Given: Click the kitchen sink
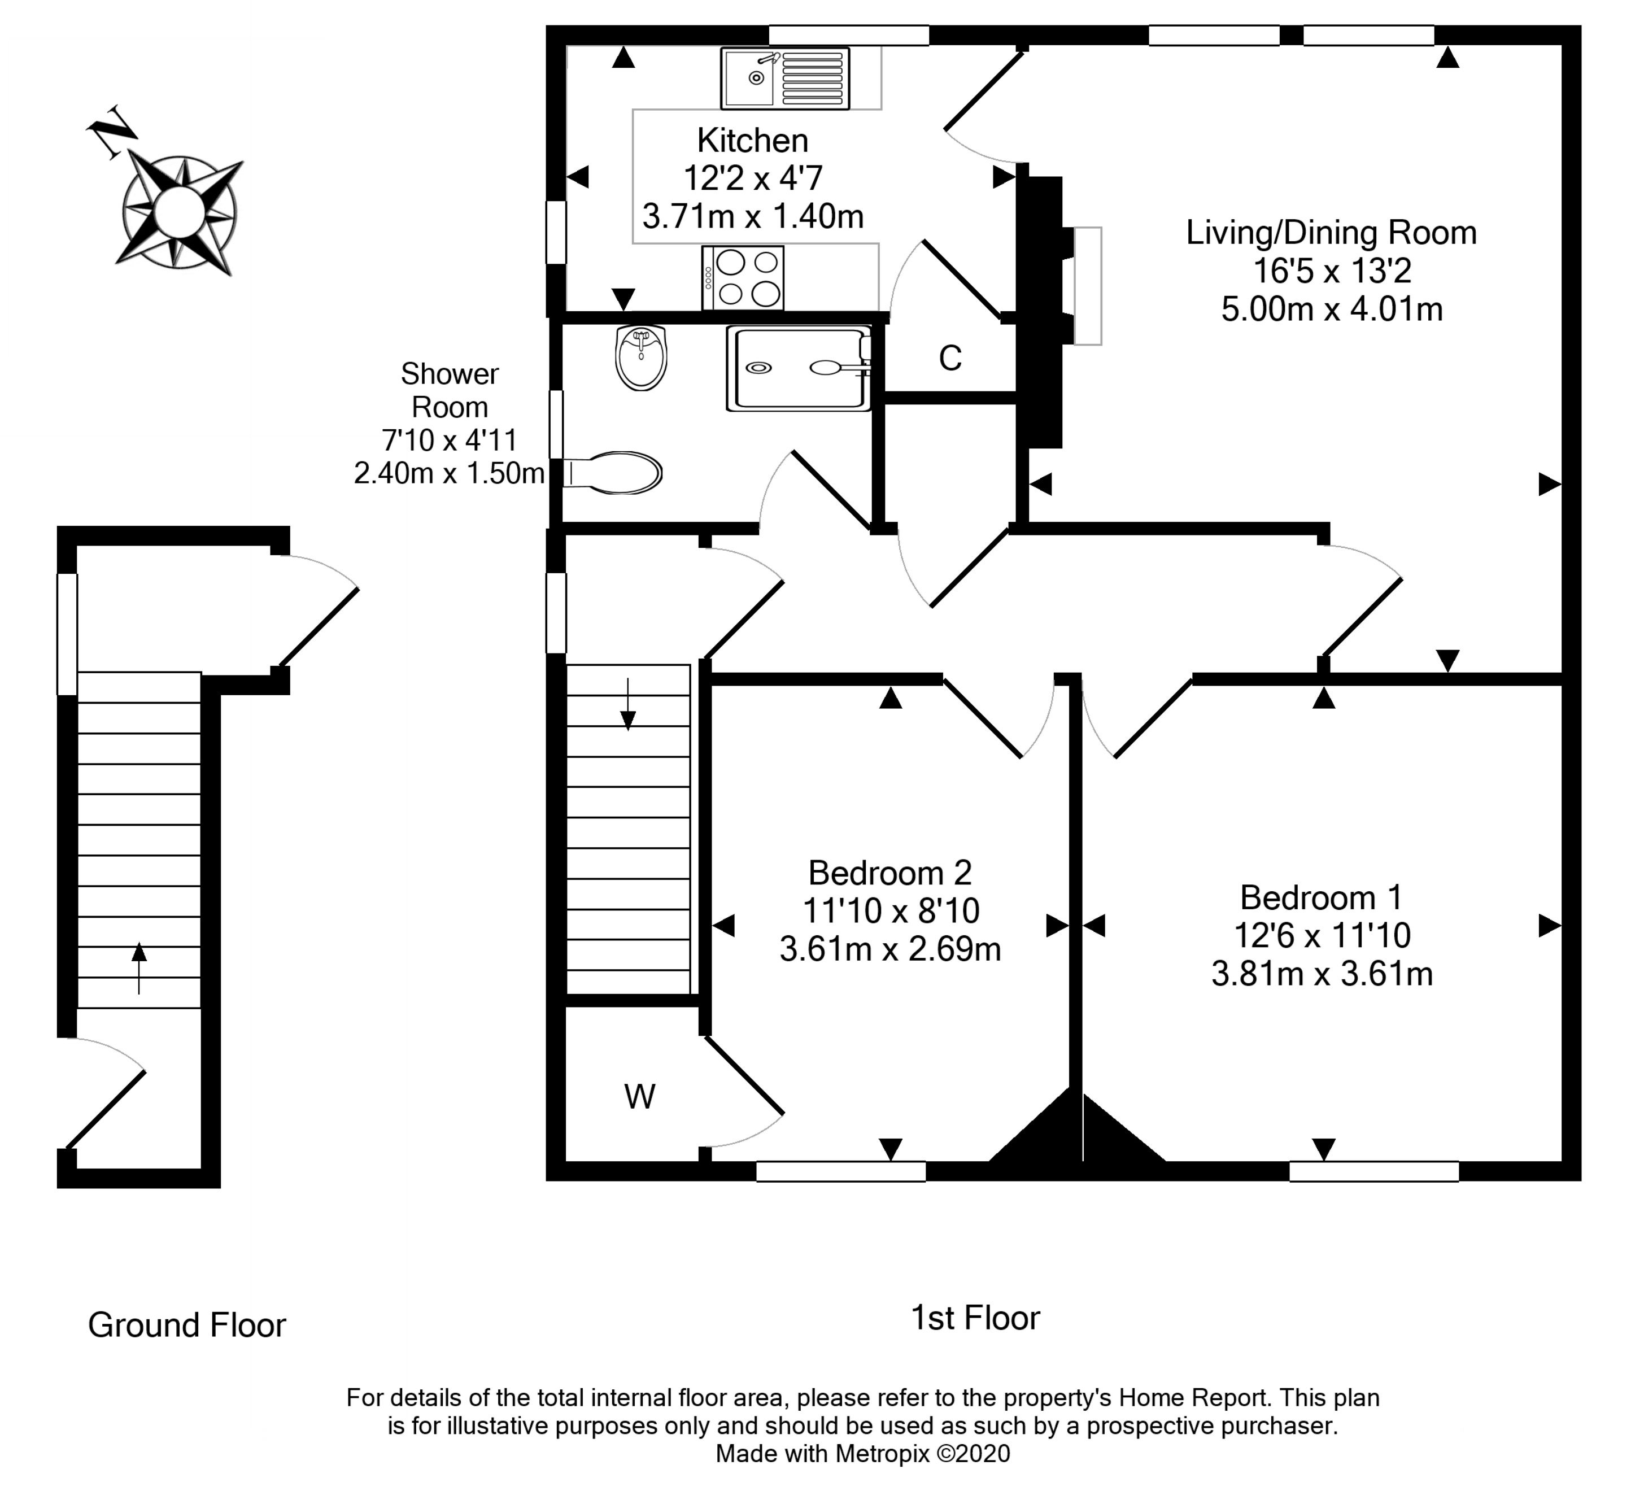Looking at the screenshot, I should coord(784,79).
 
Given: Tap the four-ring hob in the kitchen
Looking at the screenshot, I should coord(743,278).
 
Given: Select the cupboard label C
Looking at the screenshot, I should coord(950,358).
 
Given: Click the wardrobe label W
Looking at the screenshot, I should coord(639,1097).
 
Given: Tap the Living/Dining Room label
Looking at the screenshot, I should coord(1331,233).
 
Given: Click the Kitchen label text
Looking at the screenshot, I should coord(752,141).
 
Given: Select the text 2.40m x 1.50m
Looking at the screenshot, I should coord(448,473).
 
